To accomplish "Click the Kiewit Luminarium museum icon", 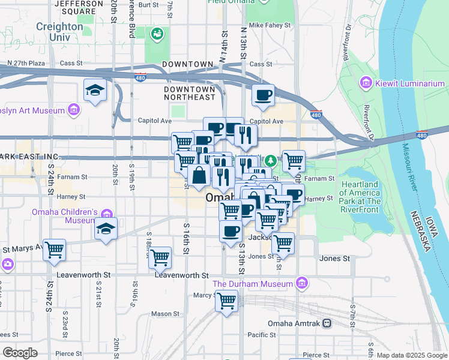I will pos(366,83).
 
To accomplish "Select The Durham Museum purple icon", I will pos(302,283).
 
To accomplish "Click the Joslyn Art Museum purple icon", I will pos(74,110).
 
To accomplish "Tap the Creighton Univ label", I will pos(59,31).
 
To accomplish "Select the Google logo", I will pos(20,353).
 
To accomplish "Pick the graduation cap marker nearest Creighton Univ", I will pos(95,90).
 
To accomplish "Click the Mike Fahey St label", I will pos(270,26).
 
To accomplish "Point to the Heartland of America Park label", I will pos(360,193).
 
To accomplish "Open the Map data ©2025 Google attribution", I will pos(412,355).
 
